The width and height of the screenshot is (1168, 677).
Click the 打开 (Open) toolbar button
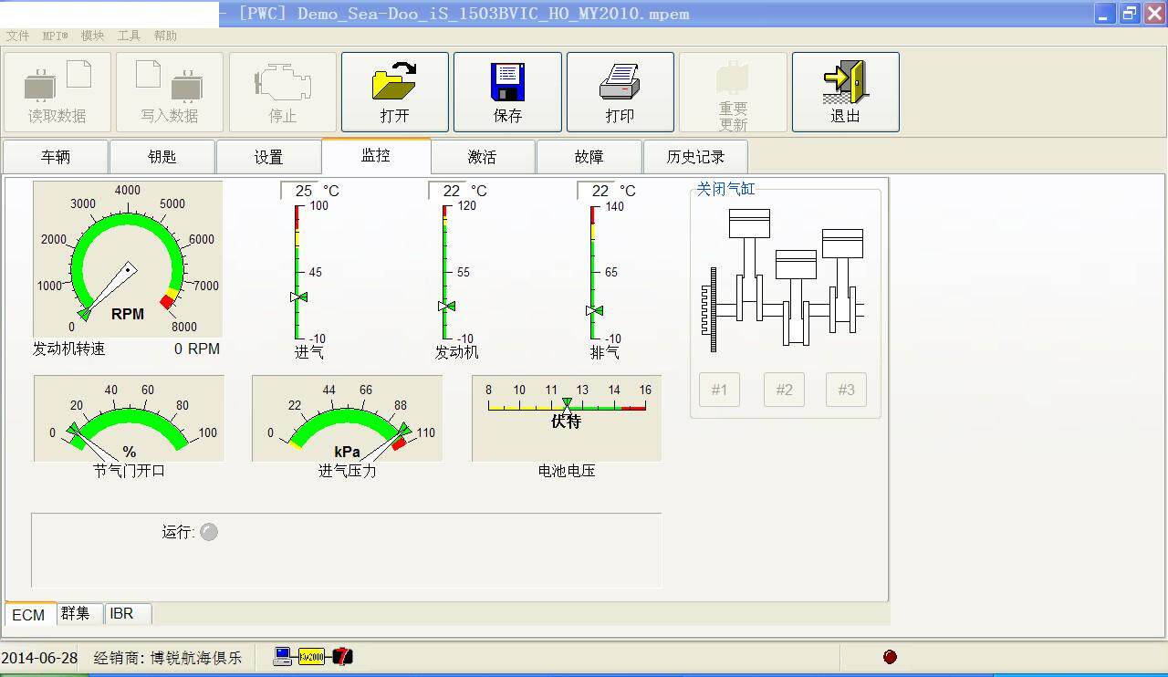click(394, 92)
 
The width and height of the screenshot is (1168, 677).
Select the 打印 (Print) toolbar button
click(620, 92)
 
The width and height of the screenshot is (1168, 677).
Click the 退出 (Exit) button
click(845, 92)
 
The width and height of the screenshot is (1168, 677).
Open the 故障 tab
click(589, 157)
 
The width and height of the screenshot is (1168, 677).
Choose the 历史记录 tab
click(695, 157)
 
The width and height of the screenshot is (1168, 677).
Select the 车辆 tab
click(56, 157)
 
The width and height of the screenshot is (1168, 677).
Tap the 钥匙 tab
click(162, 157)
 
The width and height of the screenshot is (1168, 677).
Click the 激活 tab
click(482, 157)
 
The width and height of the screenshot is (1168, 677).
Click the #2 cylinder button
click(784, 390)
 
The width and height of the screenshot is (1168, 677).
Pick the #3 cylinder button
click(846, 390)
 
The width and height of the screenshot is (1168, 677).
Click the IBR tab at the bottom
click(121, 614)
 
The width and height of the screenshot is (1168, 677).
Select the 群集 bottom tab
click(76, 614)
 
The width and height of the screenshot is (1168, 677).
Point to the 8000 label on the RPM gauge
click(183, 327)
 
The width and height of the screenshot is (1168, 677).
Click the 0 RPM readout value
click(197, 349)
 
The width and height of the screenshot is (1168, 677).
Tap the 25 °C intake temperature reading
click(304, 191)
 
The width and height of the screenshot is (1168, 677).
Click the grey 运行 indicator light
click(209, 532)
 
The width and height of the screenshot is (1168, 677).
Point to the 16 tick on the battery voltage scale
click(645, 390)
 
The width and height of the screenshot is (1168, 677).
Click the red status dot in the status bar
click(891, 657)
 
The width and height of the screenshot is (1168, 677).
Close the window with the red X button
click(1154, 14)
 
